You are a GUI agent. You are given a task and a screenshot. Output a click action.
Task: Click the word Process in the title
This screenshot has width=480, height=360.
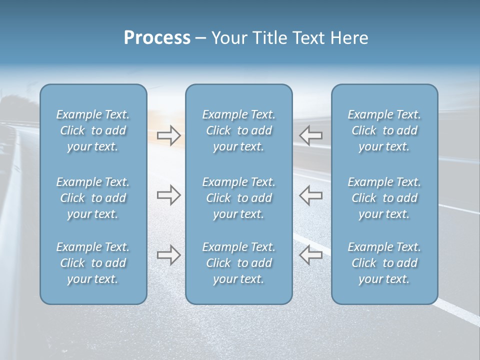coord(157,38)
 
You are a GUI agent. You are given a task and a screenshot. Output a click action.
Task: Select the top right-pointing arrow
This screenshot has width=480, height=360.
coord(168,135)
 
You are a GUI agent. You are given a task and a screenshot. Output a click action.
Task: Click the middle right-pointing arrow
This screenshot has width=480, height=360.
coord(168,195)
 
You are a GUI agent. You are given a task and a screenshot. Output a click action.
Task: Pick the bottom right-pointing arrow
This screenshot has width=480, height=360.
coord(168,255)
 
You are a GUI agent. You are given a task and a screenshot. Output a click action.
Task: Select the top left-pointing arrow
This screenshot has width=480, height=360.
coord(311,135)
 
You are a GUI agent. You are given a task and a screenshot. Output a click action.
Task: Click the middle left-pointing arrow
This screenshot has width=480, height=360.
coord(311,195)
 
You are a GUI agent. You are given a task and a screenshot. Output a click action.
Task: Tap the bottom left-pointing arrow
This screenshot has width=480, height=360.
coord(311,255)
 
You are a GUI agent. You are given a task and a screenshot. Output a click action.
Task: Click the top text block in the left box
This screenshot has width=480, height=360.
coord(93,130)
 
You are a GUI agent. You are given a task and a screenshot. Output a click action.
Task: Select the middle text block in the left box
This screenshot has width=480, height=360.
coord(93,198)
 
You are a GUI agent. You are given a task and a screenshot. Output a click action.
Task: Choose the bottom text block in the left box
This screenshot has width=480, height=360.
coord(93,263)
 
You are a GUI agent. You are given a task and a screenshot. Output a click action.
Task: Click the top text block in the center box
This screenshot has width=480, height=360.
coord(239,130)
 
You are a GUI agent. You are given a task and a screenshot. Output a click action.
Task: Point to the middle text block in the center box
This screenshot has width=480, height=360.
coord(239,198)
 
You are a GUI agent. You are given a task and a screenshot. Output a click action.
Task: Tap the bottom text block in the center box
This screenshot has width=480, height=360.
coord(239,263)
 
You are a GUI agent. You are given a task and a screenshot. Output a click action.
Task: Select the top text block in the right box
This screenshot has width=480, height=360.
coord(384,130)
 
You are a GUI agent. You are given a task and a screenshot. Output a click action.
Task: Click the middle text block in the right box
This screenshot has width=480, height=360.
coord(384,198)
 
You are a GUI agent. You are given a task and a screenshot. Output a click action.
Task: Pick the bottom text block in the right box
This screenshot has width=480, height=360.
coord(384,263)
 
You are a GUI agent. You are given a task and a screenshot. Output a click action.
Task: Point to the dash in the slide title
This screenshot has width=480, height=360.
coord(201,38)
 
